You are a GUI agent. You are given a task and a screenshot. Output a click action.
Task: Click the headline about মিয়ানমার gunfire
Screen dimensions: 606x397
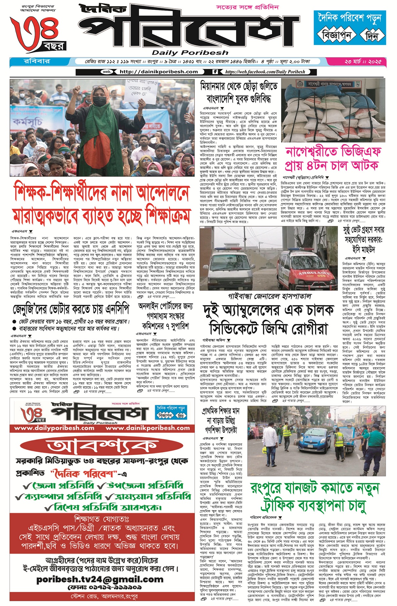pyautogui.click(x=239, y=92)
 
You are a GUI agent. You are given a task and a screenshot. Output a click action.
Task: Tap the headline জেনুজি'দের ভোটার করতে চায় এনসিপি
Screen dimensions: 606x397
pyautogui.click(x=71, y=309)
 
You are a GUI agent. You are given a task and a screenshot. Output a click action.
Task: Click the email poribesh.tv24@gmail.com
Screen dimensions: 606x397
pyautogui.click(x=100, y=579)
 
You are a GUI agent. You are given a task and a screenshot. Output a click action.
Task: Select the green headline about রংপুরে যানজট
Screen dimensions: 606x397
pyautogui.click(x=314, y=497)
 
